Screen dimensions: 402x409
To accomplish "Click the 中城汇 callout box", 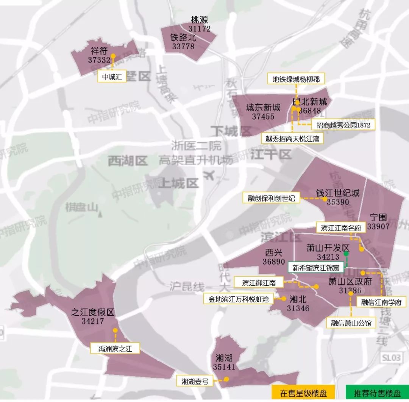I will (x=112, y=77).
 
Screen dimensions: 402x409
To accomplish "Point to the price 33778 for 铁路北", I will (x=183, y=46).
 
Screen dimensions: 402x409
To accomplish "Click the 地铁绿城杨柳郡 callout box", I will (x=296, y=79).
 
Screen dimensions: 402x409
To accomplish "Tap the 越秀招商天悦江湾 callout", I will (x=292, y=139).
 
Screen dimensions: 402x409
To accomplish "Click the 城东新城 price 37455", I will (x=263, y=117).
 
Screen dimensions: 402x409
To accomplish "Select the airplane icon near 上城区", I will (x=209, y=176).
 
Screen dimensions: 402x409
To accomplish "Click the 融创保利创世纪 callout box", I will (x=272, y=198).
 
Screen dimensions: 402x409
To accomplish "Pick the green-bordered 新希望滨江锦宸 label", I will (x=317, y=268).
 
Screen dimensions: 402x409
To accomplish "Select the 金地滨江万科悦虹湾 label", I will (x=238, y=299).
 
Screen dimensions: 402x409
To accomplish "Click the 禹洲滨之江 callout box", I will (x=115, y=348).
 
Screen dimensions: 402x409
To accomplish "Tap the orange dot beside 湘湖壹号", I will (x=226, y=379).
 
